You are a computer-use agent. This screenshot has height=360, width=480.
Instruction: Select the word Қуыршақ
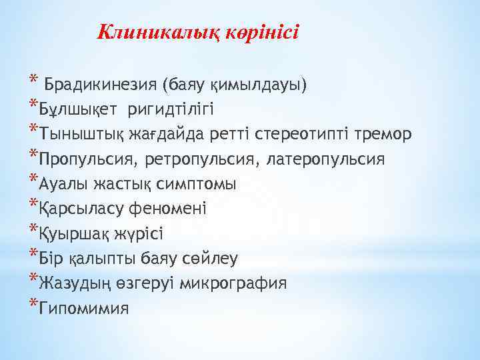coord(71,233)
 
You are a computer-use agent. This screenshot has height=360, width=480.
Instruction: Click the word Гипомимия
coord(84,307)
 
